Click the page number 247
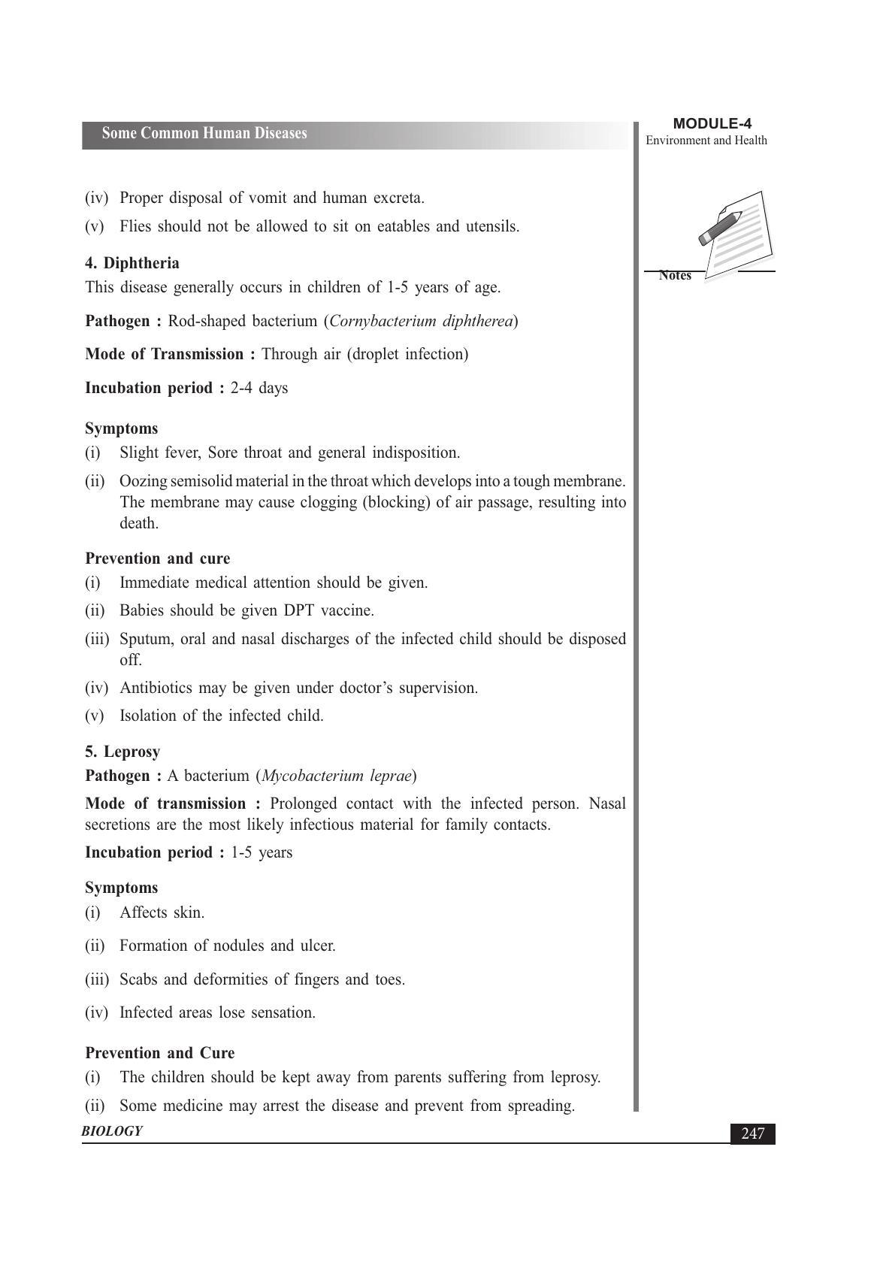(x=752, y=1133)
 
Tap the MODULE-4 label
(x=712, y=124)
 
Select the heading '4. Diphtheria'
(x=132, y=263)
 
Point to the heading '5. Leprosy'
(x=122, y=752)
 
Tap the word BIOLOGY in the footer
(x=112, y=1131)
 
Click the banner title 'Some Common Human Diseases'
(x=204, y=134)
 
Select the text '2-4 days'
(x=259, y=388)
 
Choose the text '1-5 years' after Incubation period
(x=262, y=852)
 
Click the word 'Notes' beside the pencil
(x=675, y=276)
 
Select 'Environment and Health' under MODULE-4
(x=706, y=141)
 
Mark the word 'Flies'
(x=136, y=226)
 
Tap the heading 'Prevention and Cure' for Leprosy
(x=160, y=1053)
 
